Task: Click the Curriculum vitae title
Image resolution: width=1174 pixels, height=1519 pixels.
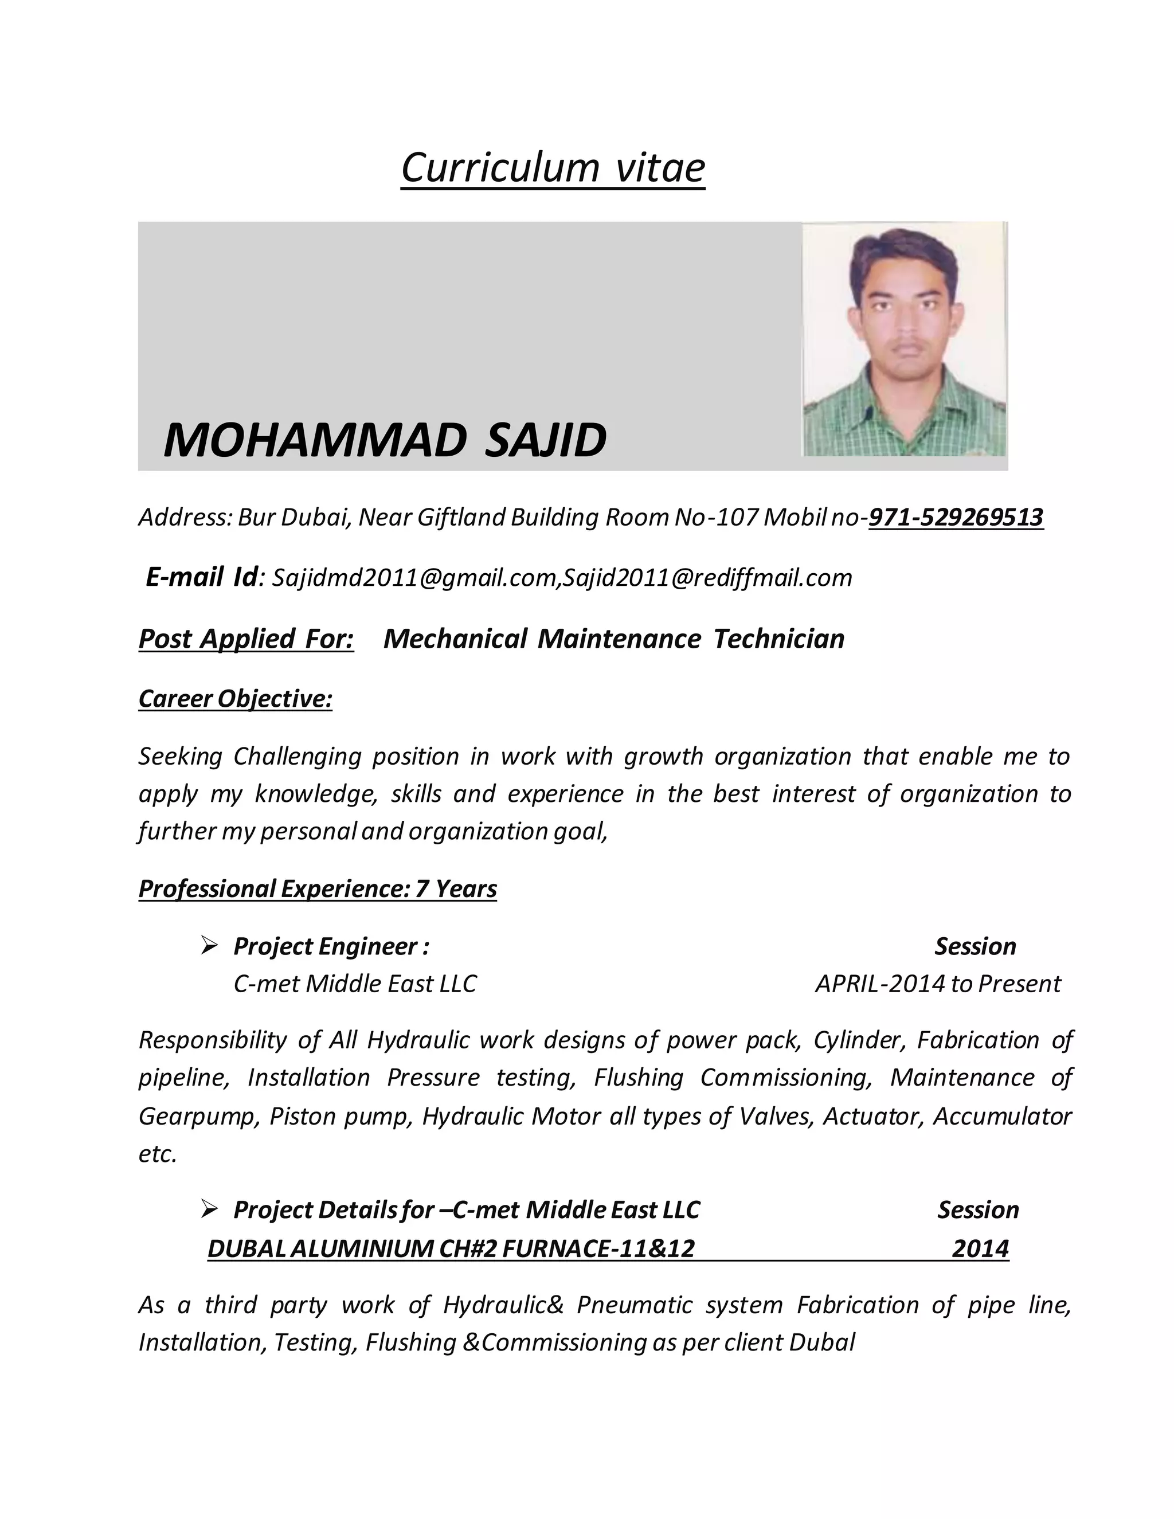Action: pyautogui.click(x=553, y=167)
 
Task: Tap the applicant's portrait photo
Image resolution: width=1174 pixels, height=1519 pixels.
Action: pyautogui.click(x=904, y=339)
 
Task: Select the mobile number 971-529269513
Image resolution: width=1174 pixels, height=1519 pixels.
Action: pyautogui.click(x=956, y=518)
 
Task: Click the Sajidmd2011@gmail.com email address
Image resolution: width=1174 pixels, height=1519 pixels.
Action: pyautogui.click(x=414, y=578)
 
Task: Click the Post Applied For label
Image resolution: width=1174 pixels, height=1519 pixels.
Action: pyautogui.click(x=246, y=639)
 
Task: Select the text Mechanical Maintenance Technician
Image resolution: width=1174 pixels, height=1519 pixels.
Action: pyautogui.click(x=613, y=639)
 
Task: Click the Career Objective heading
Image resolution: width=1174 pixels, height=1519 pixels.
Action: pyautogui.click(x=235, y=698)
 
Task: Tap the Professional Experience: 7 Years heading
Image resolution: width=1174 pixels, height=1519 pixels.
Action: pyautogui.click(x=317, y=889)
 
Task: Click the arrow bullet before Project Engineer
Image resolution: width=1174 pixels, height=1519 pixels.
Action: pyautogui.click(x=209, y=945)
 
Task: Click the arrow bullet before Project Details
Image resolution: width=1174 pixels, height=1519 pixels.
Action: pyautogui.click(x=209, y=1209)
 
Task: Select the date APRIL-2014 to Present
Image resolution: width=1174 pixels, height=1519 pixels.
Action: pyautogui.click(x=937, y=984)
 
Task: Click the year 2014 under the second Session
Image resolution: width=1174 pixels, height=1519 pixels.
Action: pyautogui.click(x=980, y=1248)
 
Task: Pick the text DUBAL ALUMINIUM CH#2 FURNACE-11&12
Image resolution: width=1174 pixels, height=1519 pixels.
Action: pyautogui.click(x=451, y=1248)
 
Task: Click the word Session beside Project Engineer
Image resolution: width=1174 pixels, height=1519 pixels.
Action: pyautogui.click(x=975, y=946)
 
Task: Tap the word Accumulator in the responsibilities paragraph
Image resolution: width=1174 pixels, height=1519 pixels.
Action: pyautogui.click(x=1001, y=1116)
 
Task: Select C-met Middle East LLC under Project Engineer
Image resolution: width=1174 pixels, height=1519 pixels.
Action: pyautogui.click(x=355, y=984)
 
